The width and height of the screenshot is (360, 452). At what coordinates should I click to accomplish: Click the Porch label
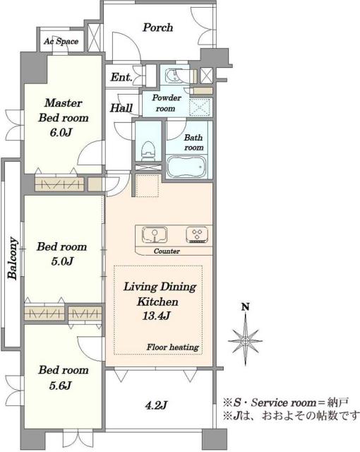(x=158, y=28)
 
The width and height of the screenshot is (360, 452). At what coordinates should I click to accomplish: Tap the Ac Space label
(x=61, y=42)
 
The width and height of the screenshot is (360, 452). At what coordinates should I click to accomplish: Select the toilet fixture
(x=148, y=150)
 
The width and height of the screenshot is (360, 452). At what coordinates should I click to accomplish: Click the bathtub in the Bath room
(x=186, y=167)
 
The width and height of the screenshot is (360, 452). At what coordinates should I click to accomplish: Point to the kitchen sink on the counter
(x=155, y=234)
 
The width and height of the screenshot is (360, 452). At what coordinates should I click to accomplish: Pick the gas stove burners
(x=197, y=234)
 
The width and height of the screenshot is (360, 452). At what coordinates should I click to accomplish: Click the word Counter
(x=167, y=251)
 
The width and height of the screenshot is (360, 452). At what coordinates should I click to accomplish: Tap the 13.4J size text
(x=156, y=316)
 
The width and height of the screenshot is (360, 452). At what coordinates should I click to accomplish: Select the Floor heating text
(x=173, y=347)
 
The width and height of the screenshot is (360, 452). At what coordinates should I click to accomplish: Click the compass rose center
(x=246, y=340)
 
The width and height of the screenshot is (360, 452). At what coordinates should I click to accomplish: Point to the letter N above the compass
(x=245, y=307)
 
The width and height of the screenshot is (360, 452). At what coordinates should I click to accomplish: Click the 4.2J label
(x=156, y=406)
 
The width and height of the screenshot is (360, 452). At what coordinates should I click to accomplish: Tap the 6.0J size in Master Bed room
(x=61, y=133)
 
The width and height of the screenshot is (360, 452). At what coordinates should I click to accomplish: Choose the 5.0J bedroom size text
(x=62, y=261)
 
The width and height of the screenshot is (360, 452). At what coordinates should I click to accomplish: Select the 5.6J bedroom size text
(x=60, y=385)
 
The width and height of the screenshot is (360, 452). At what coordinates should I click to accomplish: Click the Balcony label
(x=12, y=258)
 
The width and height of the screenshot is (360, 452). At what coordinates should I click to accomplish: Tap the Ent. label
(x=121, y=77)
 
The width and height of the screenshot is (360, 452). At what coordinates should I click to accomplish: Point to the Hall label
(x=121, y=108)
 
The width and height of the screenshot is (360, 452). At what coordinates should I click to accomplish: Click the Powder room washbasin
(x=172, y=76)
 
